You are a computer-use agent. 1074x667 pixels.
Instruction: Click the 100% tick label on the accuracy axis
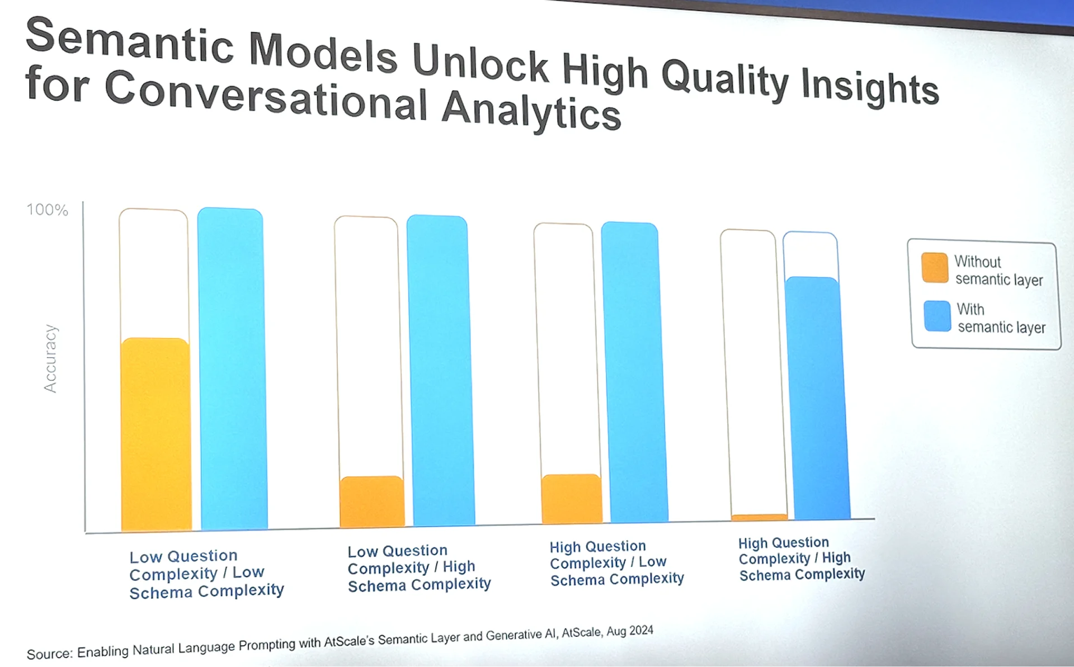[48, 210]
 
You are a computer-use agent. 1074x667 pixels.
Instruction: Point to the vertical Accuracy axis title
[50, 358]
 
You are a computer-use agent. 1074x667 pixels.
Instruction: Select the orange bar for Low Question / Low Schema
[156, 434]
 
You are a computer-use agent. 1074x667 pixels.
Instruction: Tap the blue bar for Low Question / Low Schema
[233, 368]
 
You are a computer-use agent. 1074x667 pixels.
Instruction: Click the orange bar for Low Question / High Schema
[372, 502]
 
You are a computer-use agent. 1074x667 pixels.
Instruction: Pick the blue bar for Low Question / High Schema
[441, 370]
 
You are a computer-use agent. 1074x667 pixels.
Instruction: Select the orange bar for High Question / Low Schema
[572, 499]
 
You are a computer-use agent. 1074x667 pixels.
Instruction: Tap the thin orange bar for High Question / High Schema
[759, 517]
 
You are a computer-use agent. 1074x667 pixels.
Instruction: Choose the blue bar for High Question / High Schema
[817, 398]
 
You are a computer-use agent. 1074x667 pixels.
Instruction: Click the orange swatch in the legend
[935, 268]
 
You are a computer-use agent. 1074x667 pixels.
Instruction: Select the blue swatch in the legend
[937, 316]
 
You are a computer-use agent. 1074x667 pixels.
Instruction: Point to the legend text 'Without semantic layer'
[998, 271]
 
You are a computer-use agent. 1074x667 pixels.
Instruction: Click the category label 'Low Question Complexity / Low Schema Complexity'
[206, 574]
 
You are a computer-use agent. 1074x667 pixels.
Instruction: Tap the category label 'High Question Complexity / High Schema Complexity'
[802, 559]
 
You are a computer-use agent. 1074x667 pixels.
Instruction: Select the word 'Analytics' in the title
[531, 110]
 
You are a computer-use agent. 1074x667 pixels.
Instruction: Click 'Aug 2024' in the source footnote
[630, 631]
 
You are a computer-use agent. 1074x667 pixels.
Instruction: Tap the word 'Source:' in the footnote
[50, 654]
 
